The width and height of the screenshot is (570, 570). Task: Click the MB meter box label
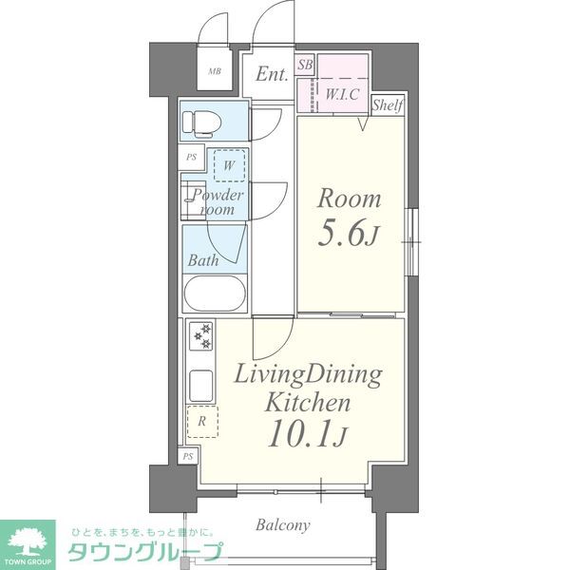click(x=215, y=71)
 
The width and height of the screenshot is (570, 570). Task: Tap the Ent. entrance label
click(x=272, y=74)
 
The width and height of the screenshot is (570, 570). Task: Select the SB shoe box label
click(x=305, y=65)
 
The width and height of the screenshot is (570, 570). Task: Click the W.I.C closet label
click(x=342, y=94)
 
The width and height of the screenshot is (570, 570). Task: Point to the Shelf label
click(x=388, y=105)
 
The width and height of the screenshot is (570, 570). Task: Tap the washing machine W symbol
click(x=229, y=165)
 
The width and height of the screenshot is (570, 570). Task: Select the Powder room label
click(x=217, y=202)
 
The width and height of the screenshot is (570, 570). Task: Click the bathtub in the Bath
click(x=215, y=294)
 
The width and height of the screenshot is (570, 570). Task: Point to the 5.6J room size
click(x=349, y=234)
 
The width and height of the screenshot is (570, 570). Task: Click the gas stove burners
click(x=201, y=335)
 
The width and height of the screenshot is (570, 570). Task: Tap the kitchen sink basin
click(x=201, y=386)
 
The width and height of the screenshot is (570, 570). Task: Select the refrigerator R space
click(x=202, y=421)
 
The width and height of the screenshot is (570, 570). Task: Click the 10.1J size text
click(x=308, y=433)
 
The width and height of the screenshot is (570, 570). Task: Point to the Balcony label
click(x=283, y=525)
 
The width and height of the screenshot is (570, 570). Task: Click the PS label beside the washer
click(x=191, y=157)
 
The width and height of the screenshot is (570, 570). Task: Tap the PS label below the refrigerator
click(x=188, y=456)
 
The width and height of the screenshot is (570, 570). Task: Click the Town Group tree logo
click(x=28, y=542)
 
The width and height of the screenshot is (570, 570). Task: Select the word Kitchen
click(x=308, y=403)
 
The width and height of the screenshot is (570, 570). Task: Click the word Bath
click(x=203, y=260)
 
